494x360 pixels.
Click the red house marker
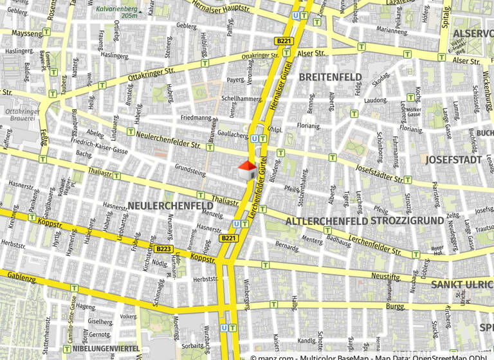click(247, 171)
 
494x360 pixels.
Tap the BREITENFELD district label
click(330, 77)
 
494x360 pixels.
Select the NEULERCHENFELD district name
click(170, 205)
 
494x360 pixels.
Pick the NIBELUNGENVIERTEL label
click(106, 348)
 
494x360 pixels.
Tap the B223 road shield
click(163, 248)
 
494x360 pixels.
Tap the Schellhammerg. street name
click(241, 99)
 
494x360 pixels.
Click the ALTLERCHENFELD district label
click(325, 221)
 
